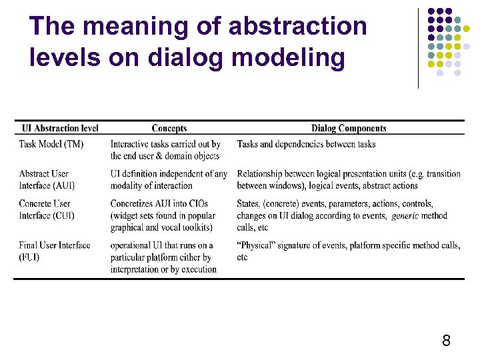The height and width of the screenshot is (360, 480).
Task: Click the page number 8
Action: (446, 341)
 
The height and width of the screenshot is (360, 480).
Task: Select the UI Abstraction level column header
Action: (60, 129)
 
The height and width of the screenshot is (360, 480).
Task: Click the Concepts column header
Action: (169, 129)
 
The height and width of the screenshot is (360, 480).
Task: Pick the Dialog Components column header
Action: (349, 129)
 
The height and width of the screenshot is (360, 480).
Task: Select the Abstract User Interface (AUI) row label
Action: (47, 179)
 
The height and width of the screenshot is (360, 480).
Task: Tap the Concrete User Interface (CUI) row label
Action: (47, 209)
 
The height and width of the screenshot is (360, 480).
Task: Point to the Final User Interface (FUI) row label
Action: (55, 251)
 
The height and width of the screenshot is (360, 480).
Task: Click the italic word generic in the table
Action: (405, 216)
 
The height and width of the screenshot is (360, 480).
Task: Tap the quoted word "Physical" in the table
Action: (259, 245)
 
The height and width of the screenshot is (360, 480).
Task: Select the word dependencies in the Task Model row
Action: (307, 144)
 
